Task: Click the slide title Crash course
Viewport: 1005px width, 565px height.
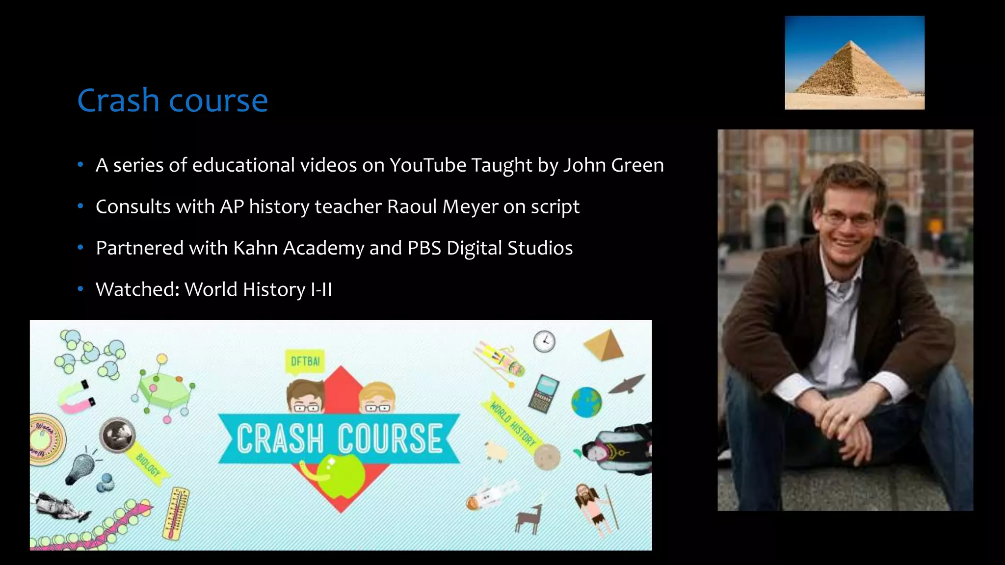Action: click(x=172, y=101)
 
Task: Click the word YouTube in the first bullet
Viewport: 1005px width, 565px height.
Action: click(x=427, y=165)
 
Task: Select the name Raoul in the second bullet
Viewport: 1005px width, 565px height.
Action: click(x=412, y=206)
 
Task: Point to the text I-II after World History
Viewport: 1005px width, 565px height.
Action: click(x=321, y=289)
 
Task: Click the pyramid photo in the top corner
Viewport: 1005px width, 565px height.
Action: click(x=854, y=63)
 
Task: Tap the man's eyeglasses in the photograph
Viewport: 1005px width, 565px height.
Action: click(x=848, y=218)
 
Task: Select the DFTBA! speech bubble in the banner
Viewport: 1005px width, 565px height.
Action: click(x=305, y=362)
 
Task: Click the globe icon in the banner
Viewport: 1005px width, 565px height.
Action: click(x=586, y=402)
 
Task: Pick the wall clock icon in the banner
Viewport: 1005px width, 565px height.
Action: click(x=544, y=341)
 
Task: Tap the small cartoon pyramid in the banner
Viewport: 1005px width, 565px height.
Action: click(x=604, y=345)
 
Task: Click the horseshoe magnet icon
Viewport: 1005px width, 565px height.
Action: click(x=76, y=396)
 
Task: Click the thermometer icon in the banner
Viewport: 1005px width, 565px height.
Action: click(x=176, y=514)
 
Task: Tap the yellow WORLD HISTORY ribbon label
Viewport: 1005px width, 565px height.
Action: click(x=513, y=421)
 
